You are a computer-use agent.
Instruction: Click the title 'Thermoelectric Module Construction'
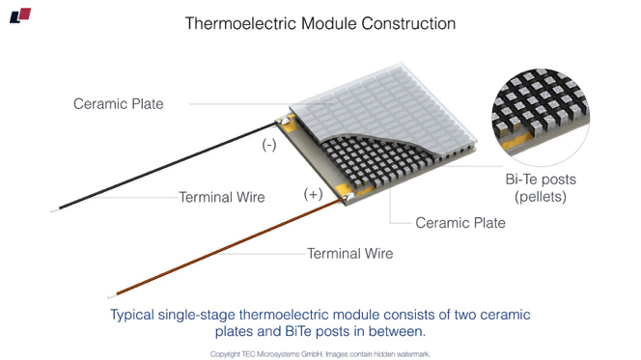pyautogui.click(x=320, y=23)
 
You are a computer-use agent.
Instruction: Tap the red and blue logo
pyautogui.click(x=20, y=15)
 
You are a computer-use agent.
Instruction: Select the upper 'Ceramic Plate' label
pyautogui.click(x=119, y=103)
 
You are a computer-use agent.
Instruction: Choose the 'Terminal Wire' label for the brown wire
pyautogui.click(x=349, y=254)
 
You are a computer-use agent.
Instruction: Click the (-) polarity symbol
pyautogui.click(x=269, y=146)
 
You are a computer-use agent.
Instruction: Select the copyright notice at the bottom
pyautogui.click(x=320, y=353)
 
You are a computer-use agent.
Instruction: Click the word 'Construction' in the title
pyautogui.click(x=404, y=23)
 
